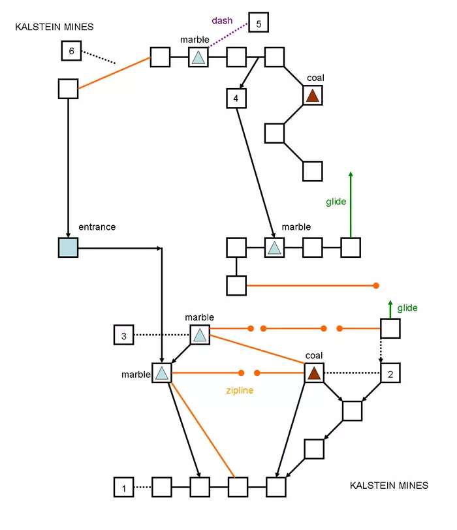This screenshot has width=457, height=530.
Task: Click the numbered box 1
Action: point(123,486)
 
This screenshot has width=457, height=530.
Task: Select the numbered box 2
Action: point(390,373)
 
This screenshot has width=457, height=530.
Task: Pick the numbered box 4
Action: point(236,99)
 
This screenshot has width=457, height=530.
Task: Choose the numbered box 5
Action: point(259,23)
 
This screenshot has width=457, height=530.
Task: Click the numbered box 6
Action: point(71,50)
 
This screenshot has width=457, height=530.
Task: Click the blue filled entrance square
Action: point(68,248)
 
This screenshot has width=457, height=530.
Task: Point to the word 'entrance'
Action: point(97,227)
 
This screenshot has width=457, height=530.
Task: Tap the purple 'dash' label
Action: point(222,20)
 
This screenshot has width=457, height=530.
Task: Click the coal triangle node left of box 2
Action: point(314,373)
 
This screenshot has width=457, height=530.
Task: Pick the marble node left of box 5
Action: point(198,57)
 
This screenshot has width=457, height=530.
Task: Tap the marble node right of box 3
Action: point(200,335)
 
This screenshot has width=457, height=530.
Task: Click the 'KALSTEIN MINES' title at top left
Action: point(55,27)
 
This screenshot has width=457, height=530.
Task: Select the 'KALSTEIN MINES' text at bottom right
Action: point(389,486)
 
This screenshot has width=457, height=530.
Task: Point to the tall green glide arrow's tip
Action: point(351,173)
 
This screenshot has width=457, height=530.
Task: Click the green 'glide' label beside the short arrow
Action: point(407,308)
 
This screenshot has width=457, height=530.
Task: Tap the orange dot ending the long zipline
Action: point(376,285)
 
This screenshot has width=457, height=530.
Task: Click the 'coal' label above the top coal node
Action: point(315,78)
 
